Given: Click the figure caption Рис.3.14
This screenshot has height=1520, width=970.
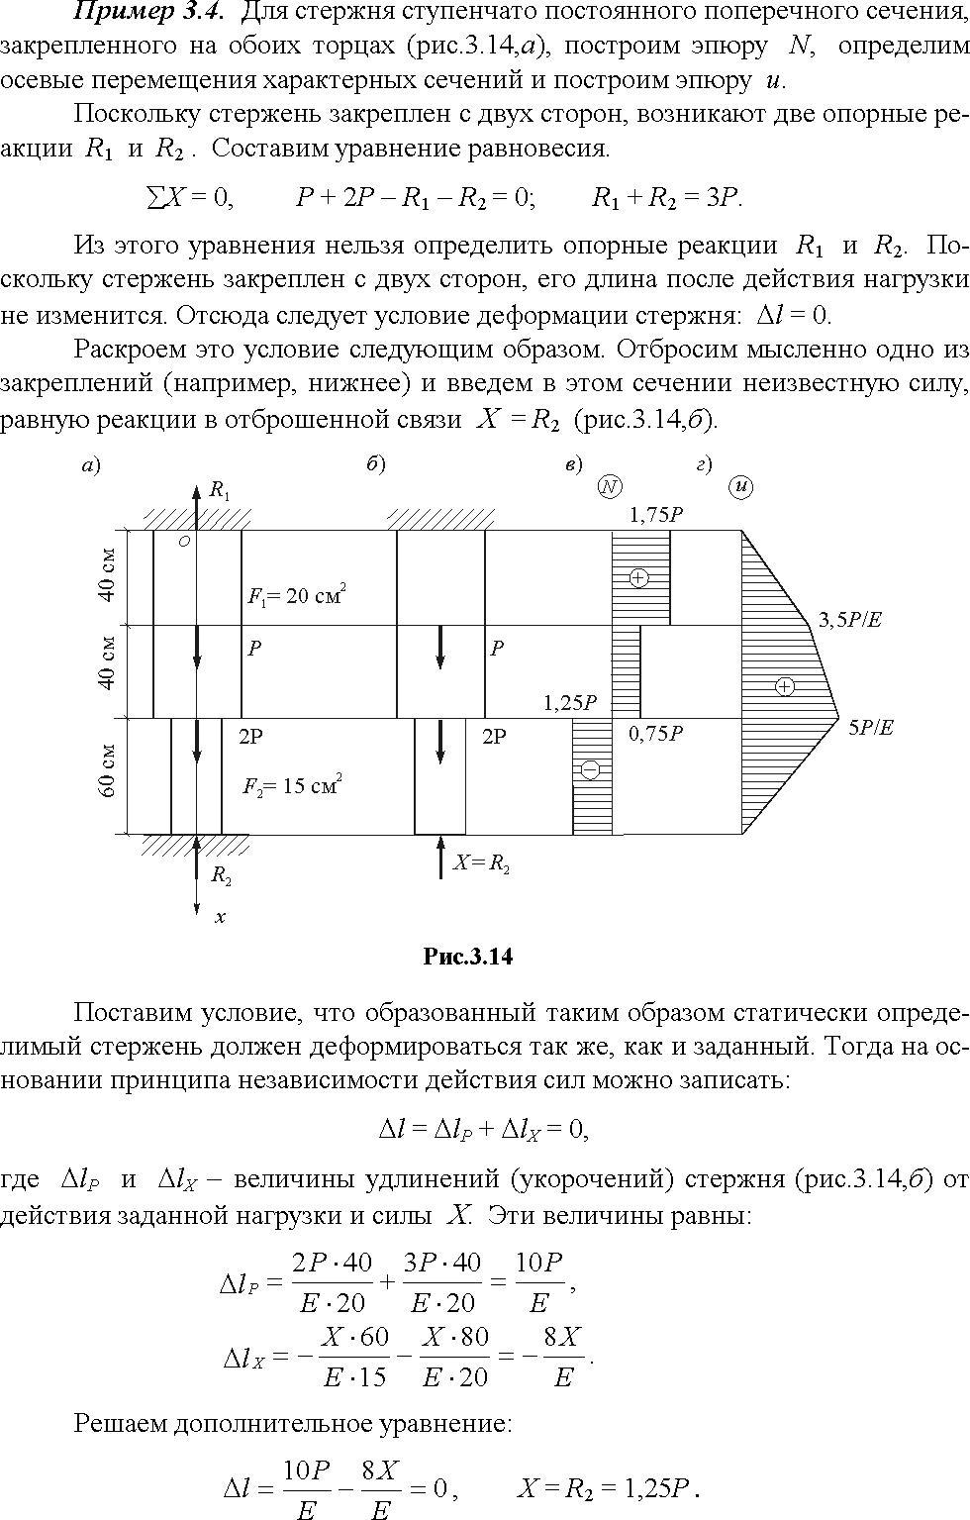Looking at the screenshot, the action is (x=468, y=957).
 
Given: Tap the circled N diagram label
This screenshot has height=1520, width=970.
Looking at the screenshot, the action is (x=610, y=485).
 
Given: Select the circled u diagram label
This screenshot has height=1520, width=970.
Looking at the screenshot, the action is (x=741, y=486).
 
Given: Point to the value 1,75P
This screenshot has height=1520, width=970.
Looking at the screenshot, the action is (x=655, y=514).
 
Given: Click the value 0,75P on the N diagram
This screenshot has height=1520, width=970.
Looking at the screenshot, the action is (x=655, y=733).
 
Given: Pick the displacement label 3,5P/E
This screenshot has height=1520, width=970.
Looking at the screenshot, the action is (x=849, y=620).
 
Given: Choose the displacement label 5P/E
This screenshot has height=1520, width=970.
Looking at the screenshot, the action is (x=871, y=728).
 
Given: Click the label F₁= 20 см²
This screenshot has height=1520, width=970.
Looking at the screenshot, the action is (x=297, y=594).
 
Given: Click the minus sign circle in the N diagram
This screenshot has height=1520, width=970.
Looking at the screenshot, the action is (x=590, y=769).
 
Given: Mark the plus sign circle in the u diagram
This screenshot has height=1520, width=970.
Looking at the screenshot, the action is (x=784, y=686).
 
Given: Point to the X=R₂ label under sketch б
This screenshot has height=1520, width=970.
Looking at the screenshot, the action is (x=481, y=863).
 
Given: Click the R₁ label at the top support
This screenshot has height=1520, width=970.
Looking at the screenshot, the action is (x=220, y=490).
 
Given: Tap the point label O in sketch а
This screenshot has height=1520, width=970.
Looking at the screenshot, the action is (x=183, y=542).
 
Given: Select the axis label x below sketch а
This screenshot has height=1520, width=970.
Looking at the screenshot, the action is (x=220, y=918).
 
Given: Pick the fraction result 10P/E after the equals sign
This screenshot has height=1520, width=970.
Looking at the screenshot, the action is (x=539, y=1281).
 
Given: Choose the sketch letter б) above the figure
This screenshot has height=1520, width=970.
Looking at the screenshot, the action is (x=376, y=464).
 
